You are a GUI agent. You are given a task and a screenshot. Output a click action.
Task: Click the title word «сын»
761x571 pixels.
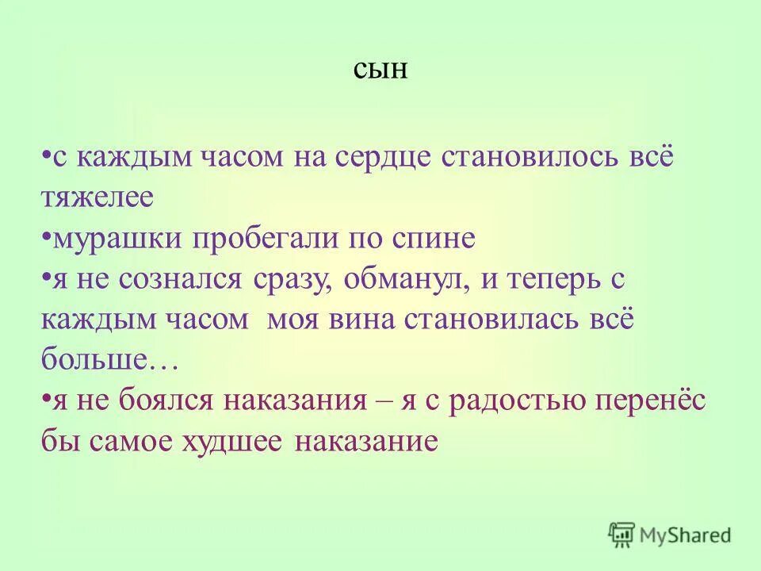pos(380,71)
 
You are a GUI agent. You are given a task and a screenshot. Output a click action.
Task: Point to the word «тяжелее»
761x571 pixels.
pos(97,197)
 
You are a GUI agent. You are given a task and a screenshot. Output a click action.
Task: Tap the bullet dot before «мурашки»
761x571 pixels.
pos(47,236)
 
